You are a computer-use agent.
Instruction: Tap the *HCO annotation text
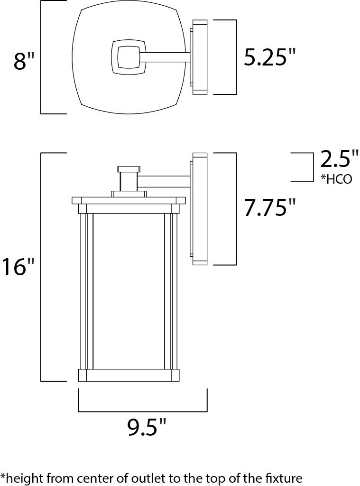coord(336,179)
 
